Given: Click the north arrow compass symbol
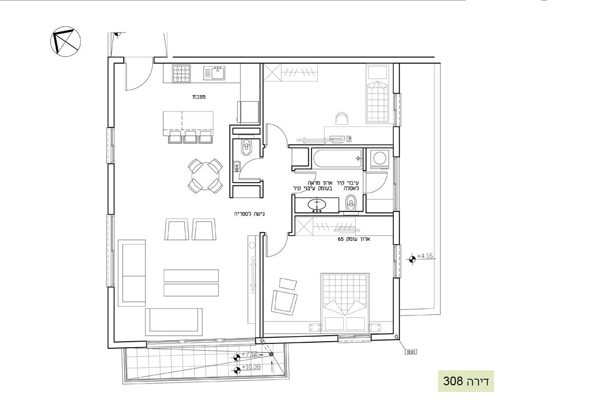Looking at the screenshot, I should click(x=65, y=42).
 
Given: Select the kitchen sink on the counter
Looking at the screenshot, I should click(x=215, y=73).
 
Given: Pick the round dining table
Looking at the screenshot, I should click(x=205, y=175).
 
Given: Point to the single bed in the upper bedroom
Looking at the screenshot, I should click(x=378, y=94).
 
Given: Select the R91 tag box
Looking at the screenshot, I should click(x=410, y=352).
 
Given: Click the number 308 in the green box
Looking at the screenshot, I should click(x=452, y=381).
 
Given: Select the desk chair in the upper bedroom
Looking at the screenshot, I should click(x=342, y=119).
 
